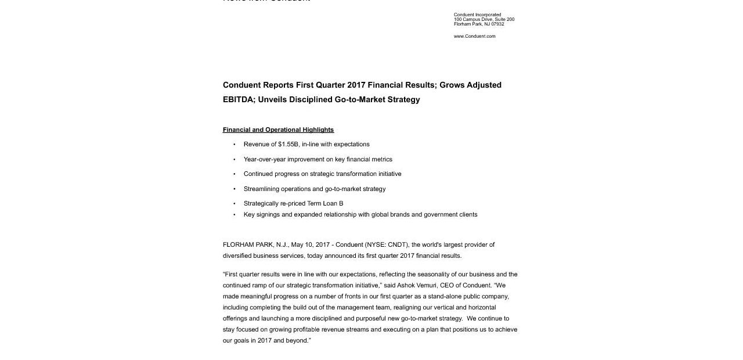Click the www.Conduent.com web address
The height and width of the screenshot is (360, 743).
coord(474,36)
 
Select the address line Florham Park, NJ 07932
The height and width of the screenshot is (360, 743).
coord(479,24)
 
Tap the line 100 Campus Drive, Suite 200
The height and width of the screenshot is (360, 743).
coord(484,20)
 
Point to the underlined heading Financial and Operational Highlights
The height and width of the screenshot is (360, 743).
coord(278,129)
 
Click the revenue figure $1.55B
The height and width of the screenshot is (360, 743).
coord(288,144)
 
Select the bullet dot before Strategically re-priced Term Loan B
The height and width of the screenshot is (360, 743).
coord(235,204)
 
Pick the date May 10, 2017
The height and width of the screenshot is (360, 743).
coord(310,244)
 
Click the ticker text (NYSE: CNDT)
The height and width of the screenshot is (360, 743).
coord(387,244)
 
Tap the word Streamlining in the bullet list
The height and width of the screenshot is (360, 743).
coord(261,189)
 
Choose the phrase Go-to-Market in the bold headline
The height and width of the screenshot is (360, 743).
coord(360,99)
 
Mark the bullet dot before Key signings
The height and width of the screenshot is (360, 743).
coord(235,215)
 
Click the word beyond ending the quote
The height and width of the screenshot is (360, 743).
coord(297,340)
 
